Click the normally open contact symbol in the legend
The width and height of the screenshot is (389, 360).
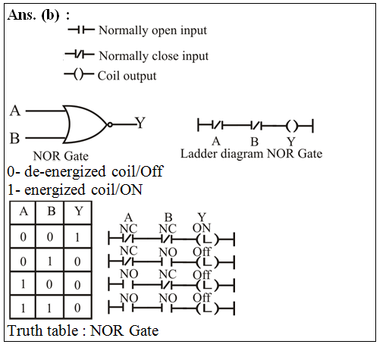81,30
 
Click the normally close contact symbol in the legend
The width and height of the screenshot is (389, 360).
80,54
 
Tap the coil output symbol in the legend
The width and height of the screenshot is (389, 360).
78,74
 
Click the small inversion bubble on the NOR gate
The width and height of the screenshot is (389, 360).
110,124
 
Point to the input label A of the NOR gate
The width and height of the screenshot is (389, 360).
15,111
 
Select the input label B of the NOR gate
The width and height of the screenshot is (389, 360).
14,139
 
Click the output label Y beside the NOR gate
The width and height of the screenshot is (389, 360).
140,123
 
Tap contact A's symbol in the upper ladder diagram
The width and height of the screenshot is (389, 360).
218,125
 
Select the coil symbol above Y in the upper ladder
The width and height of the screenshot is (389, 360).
291,126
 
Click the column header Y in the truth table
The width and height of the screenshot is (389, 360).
79,211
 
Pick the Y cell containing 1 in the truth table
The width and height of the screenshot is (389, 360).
77,237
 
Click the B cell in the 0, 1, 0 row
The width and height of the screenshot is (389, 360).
50,261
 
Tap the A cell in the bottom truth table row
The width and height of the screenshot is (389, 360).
23,308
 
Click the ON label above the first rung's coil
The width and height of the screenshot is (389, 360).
202,228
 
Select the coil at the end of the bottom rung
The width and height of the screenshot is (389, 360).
207,308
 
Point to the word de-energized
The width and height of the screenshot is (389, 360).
65,172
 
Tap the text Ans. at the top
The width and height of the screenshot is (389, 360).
22,15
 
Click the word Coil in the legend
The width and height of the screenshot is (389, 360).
108,76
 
